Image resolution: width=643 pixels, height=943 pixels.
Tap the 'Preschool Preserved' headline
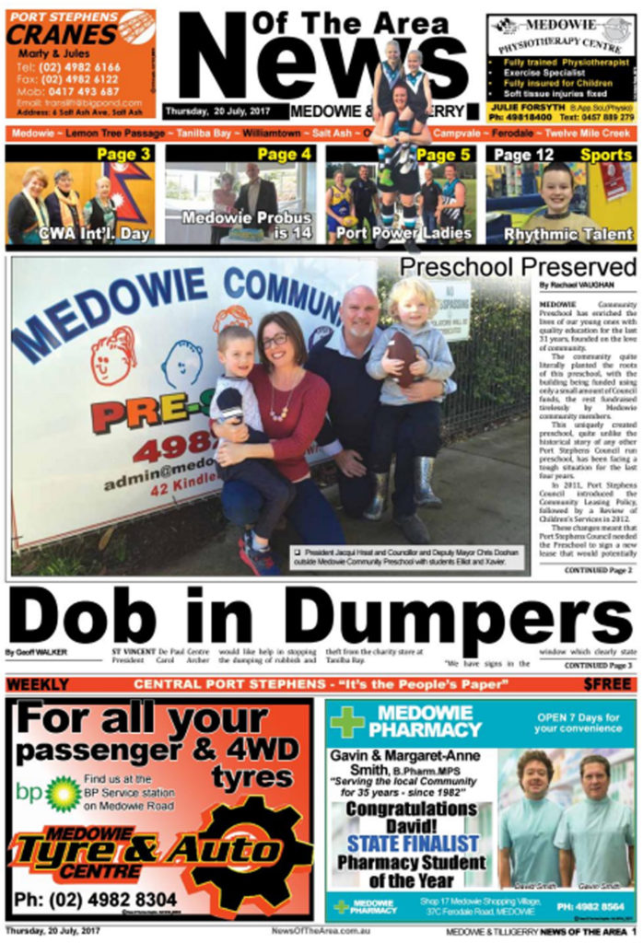(x=518, y=267)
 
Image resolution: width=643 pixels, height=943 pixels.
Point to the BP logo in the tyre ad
(x=63, y=793)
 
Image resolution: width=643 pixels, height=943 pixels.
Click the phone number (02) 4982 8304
(x=96, y=899)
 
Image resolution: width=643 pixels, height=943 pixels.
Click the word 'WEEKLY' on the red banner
(x=38, y=684)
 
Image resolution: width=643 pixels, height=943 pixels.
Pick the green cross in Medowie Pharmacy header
(x=347, y=722)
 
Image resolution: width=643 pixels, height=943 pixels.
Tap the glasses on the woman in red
(x=274, y=341)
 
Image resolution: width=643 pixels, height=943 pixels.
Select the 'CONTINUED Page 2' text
(x=599, y=571)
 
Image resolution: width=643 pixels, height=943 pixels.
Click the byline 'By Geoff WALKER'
(x=36, y=652)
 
